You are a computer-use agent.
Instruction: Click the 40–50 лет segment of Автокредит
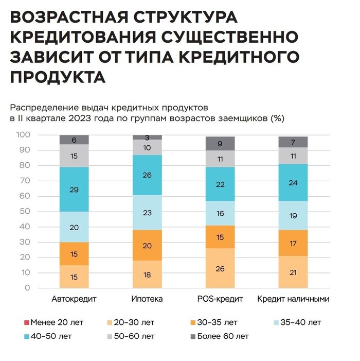click(74, 190)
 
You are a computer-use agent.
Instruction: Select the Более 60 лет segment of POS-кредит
click(220, 144)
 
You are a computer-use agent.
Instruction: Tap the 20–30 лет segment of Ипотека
click(147, 274)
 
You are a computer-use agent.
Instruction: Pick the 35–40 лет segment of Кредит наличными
click(293, 216)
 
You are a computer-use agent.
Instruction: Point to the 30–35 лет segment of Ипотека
click(147, 245)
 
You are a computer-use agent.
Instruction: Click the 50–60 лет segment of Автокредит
click(74, 156)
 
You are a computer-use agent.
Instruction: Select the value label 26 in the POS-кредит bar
click(220, 268)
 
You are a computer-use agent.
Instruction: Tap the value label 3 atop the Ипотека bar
click(147, 137)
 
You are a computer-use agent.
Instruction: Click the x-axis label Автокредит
click(75, 299)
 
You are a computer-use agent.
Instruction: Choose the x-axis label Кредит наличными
click(293, 299)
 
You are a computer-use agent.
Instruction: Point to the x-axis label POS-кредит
click(220, 299)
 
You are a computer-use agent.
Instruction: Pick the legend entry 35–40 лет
click(298, 323)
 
